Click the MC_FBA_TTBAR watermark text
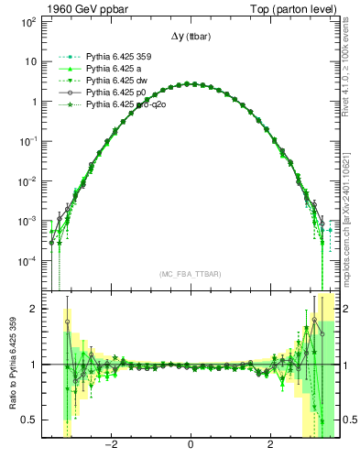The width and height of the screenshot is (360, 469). pos(191,275)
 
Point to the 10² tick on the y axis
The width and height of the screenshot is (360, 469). pos(27,21)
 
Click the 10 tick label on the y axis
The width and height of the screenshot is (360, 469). pos(30,61)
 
